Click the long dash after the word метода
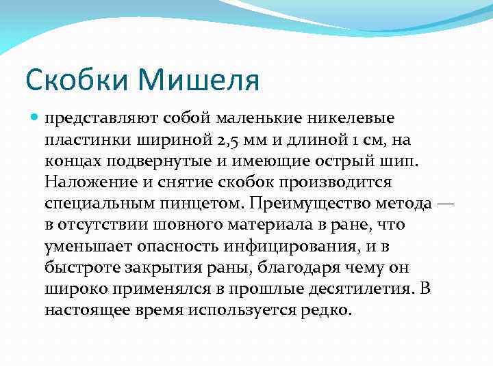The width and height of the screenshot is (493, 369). click(446, 204)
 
